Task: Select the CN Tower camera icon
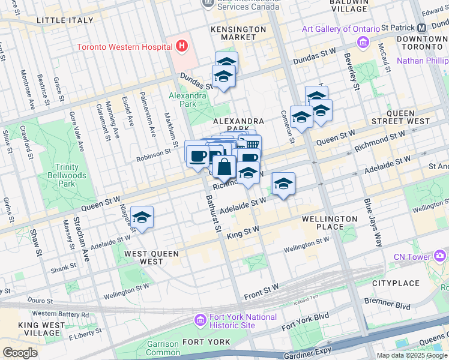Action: (x=441, y=257)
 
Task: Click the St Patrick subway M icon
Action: (x=421, y=28)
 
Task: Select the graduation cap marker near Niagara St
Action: (x=142, y=218)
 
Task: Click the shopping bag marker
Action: (x=224, y=167)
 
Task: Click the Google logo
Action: (x=20, y=353)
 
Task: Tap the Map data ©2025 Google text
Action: (x=412, y=355)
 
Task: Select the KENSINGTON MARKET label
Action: (x=238, y=33)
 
